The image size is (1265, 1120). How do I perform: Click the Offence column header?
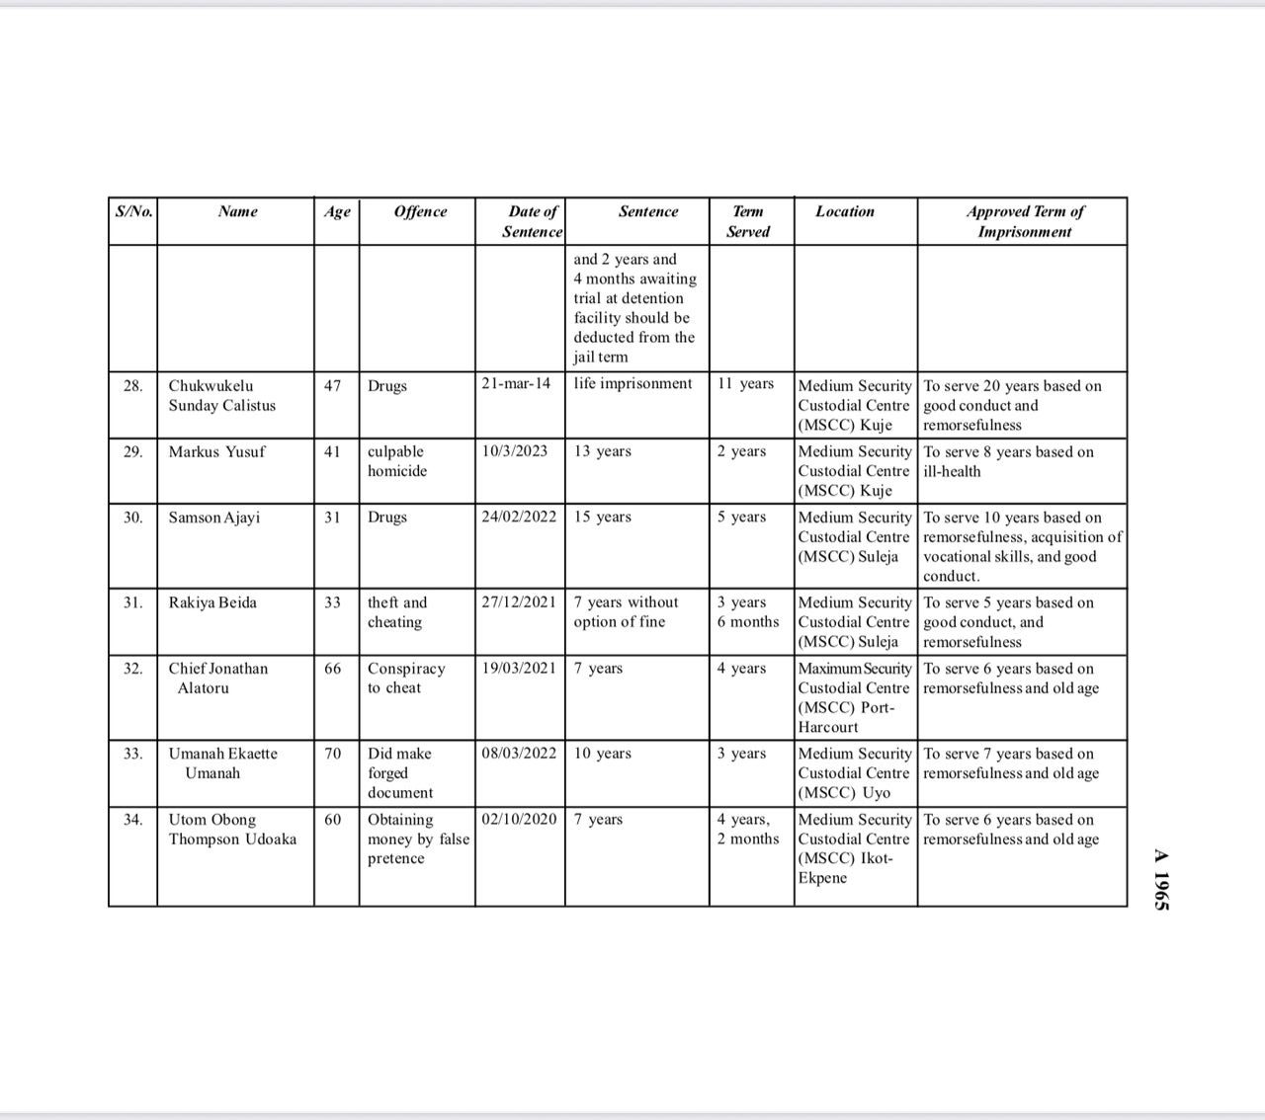coord(420,211)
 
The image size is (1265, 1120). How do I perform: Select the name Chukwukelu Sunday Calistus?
coord(222,395)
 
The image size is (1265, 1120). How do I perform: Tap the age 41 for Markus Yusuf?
coord(333,451)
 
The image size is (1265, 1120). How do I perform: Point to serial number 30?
coord(133,517)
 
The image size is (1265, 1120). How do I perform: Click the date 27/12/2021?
coord(519,602)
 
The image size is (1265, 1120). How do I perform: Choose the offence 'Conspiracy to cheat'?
coord(406,678)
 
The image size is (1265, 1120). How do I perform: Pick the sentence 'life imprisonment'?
coord(632,383)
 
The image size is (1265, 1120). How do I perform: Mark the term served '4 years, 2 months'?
coord(748,829)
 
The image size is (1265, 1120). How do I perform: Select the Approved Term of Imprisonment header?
coord(1025,221)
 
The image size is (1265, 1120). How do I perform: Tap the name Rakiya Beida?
coord(212,602)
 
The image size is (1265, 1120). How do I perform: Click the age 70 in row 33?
coord(333,754)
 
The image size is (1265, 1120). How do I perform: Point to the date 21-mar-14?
coord(516,383)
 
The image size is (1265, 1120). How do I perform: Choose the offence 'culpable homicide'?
coord(397,461)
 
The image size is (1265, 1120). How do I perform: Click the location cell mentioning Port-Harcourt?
coord(855,697)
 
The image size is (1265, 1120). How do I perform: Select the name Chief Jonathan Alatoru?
coord(217,678)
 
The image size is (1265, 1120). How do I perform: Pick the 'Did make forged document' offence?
coord(400,772)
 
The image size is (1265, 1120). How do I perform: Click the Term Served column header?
coord(748,221)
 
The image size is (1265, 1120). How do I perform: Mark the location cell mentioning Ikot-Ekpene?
coord(855,848)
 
